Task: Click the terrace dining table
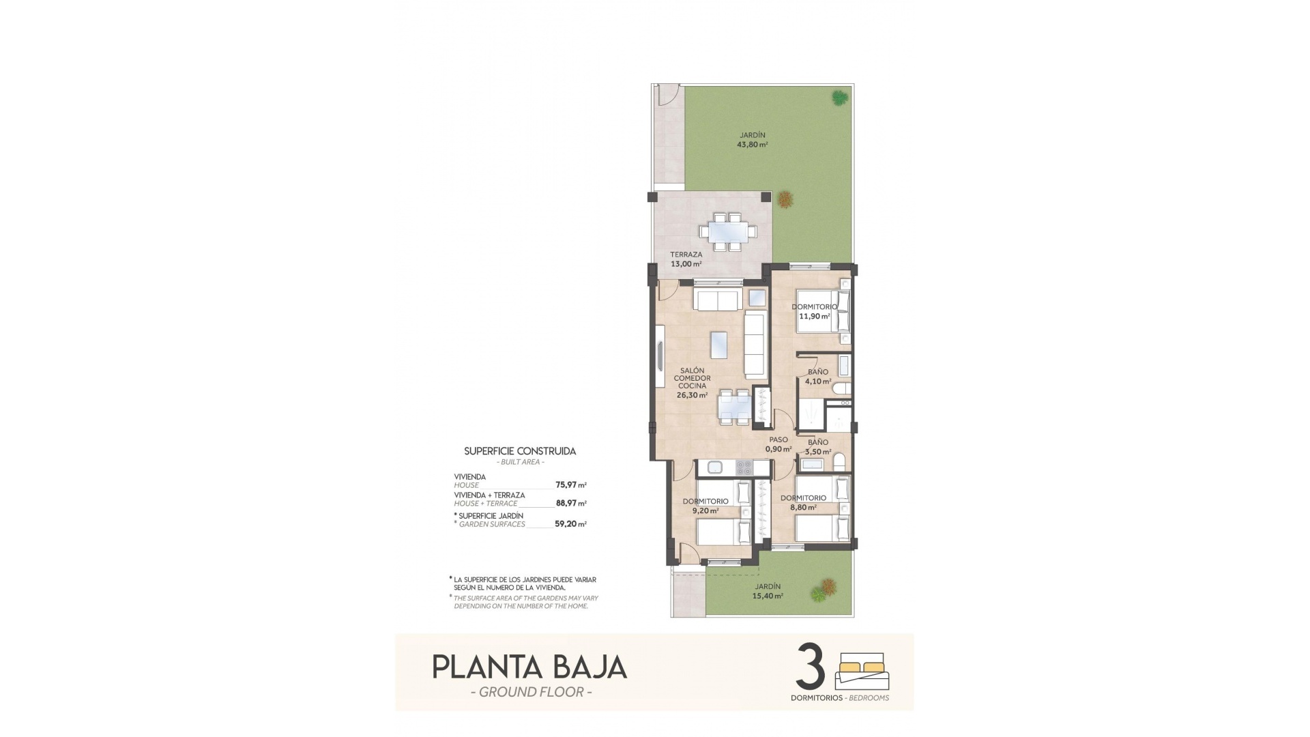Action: [x=729, y=232]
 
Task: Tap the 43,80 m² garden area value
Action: [x=753, y=145]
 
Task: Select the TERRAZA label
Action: [x=686, y=255]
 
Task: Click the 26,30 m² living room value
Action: [x=692, y=394]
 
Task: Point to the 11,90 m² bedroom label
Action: [x=815, y=316]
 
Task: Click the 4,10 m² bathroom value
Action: [x=818, y=381]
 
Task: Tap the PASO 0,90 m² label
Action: [x=778, y=444]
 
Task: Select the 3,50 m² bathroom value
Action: [x=818, y=452]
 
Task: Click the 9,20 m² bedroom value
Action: [x=705, y=510]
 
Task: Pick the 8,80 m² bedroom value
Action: [x=803, y=507]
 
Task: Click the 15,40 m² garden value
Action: [x=768, y=596]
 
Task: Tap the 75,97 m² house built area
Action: [x=571, y=485]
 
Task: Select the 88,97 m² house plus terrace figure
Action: [x=571, y=504]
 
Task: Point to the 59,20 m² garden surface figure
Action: [x=571, y=525]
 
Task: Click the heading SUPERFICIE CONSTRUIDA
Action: [x=520, y=451]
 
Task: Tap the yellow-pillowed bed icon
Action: [x=862, y=671]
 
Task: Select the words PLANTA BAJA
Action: [x=529, y=667]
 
